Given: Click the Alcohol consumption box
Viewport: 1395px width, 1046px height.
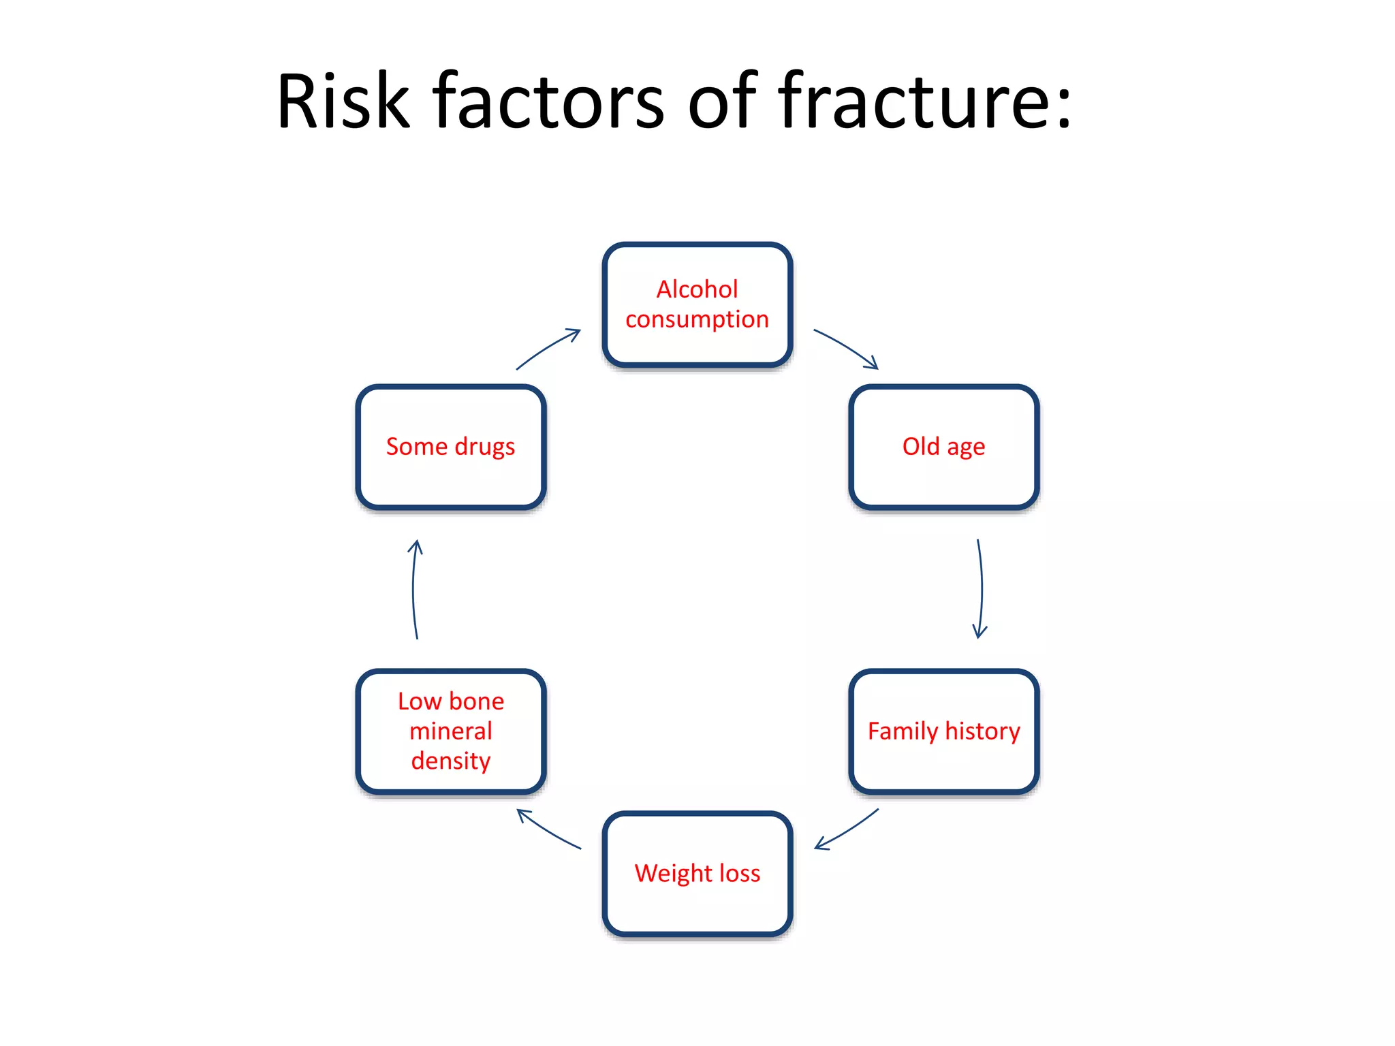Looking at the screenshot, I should point(697,304).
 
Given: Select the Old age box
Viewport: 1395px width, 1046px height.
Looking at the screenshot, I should point(943,447).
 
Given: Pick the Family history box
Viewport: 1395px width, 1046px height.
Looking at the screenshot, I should point(943,731).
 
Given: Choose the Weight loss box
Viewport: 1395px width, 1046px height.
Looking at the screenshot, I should point(697,874).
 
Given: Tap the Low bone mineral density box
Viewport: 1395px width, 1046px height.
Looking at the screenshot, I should point(451,731).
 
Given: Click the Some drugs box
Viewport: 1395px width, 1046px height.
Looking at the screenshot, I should point(451,447).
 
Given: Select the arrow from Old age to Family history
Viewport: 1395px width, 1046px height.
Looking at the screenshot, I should point(981,589).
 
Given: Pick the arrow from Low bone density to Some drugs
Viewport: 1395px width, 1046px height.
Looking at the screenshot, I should point(413,589).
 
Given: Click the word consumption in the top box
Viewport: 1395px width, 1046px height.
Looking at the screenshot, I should point(697,319).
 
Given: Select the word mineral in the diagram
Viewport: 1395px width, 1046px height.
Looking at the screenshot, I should point(451,731).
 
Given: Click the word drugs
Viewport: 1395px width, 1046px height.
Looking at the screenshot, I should point(484,447).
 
